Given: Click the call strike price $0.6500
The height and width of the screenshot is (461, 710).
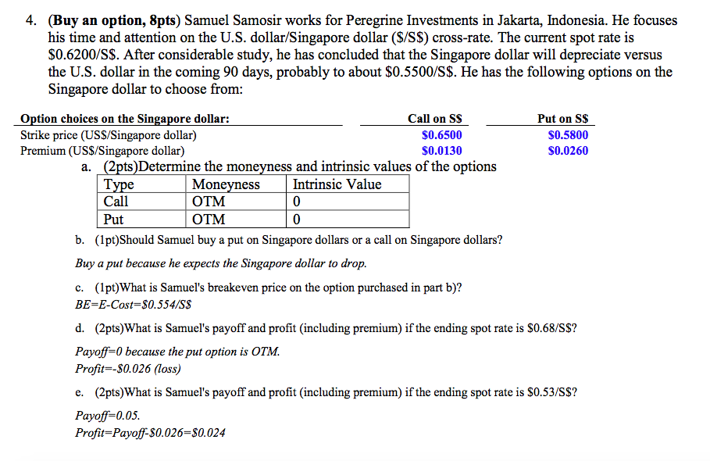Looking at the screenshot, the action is tap(441, 135).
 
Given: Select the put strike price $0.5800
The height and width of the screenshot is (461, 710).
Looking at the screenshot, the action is tap(568, 135).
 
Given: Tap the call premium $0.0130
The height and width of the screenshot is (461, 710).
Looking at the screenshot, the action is tap(441, 151).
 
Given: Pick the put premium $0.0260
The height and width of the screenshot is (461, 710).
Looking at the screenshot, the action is tap(568, 151).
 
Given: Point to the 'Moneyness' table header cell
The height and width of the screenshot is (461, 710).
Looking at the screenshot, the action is tap(226, 184).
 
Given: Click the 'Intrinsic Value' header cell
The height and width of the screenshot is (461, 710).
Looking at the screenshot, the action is tap(337, 184).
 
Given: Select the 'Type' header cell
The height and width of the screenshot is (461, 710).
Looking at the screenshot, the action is tap(119, 184).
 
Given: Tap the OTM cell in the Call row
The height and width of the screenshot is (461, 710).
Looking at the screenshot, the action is tap(209, 202).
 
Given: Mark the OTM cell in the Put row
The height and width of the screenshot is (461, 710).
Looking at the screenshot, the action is tap(209, 220).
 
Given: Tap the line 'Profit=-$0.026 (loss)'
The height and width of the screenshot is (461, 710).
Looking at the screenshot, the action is tap(128, 368).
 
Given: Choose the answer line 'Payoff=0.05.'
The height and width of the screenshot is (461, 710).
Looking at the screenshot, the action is tap(108, 416).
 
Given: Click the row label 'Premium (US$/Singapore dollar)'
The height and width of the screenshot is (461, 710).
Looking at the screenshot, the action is tap(102, 151).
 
